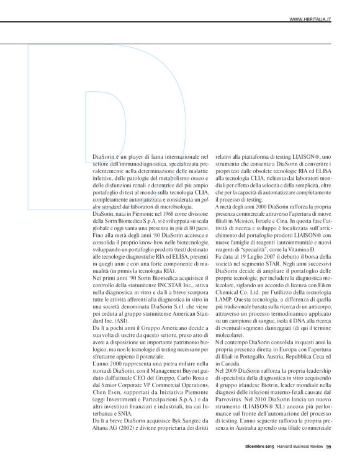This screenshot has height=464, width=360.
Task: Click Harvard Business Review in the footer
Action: click(300, 445)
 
